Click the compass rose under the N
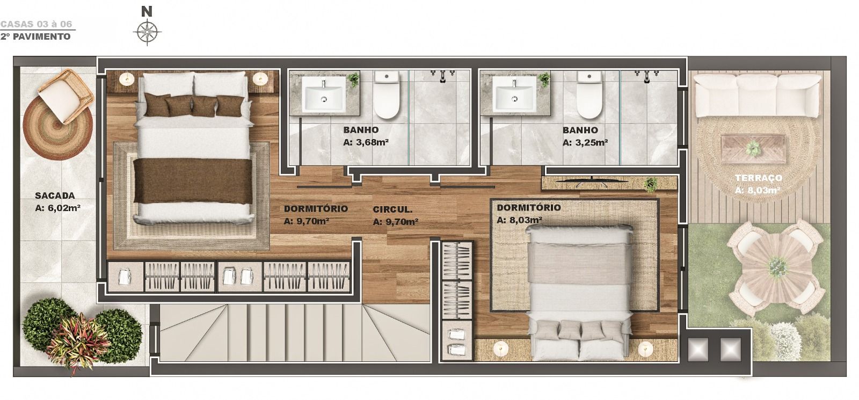coord(147,32)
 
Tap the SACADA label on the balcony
coord(55,195)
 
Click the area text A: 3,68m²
coord(366,143)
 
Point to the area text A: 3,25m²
coord(585,143)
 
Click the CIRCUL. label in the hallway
coord(392,210)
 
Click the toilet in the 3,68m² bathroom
coord(387,94)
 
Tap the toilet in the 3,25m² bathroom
coord(589,94)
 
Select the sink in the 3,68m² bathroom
coord(323,94)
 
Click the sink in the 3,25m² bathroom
coord(515,94)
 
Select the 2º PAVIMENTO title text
coord(35,37)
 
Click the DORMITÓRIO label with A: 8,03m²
coord(529,207)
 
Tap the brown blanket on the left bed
coord(193,180)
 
